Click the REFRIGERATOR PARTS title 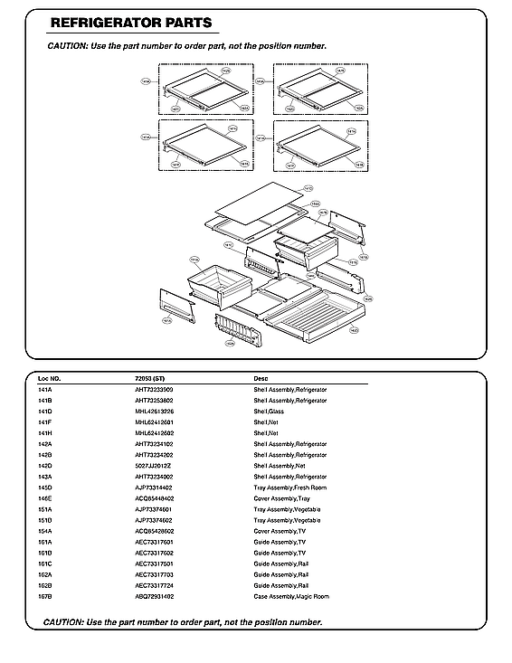[x=131, y=23]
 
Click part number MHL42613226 [x=155, y=411]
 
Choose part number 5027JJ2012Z [x=153, y=466]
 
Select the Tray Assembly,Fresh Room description [x=289, y=488]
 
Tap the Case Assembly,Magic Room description [x=291, y=596]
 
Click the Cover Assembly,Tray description [x=281, y=498]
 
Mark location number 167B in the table [x=45, y=596]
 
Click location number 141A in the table [x=45, y=389]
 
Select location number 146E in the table [x=45, y=498]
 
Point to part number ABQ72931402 [x=155, y=596]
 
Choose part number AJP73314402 [x=155, y=488]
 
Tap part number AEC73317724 [x=155, y=585]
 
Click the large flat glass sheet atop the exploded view [x=255, y=204]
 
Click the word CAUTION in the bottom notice [x=63, y=621]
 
